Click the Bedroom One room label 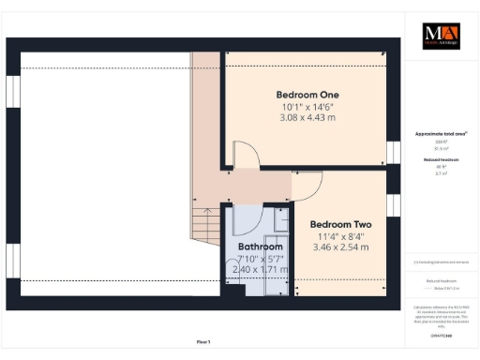coord(307,95)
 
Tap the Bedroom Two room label coord(341,224)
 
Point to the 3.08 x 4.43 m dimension coord(307,117)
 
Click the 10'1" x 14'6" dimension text coord(307,106)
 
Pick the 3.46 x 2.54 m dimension coord(341,247)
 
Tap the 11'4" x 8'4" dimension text coord(341,235)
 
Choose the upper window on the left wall coord(12,94)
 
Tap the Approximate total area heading coord(440,134)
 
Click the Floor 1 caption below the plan coord(203,341)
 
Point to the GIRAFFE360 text coord(440,334)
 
